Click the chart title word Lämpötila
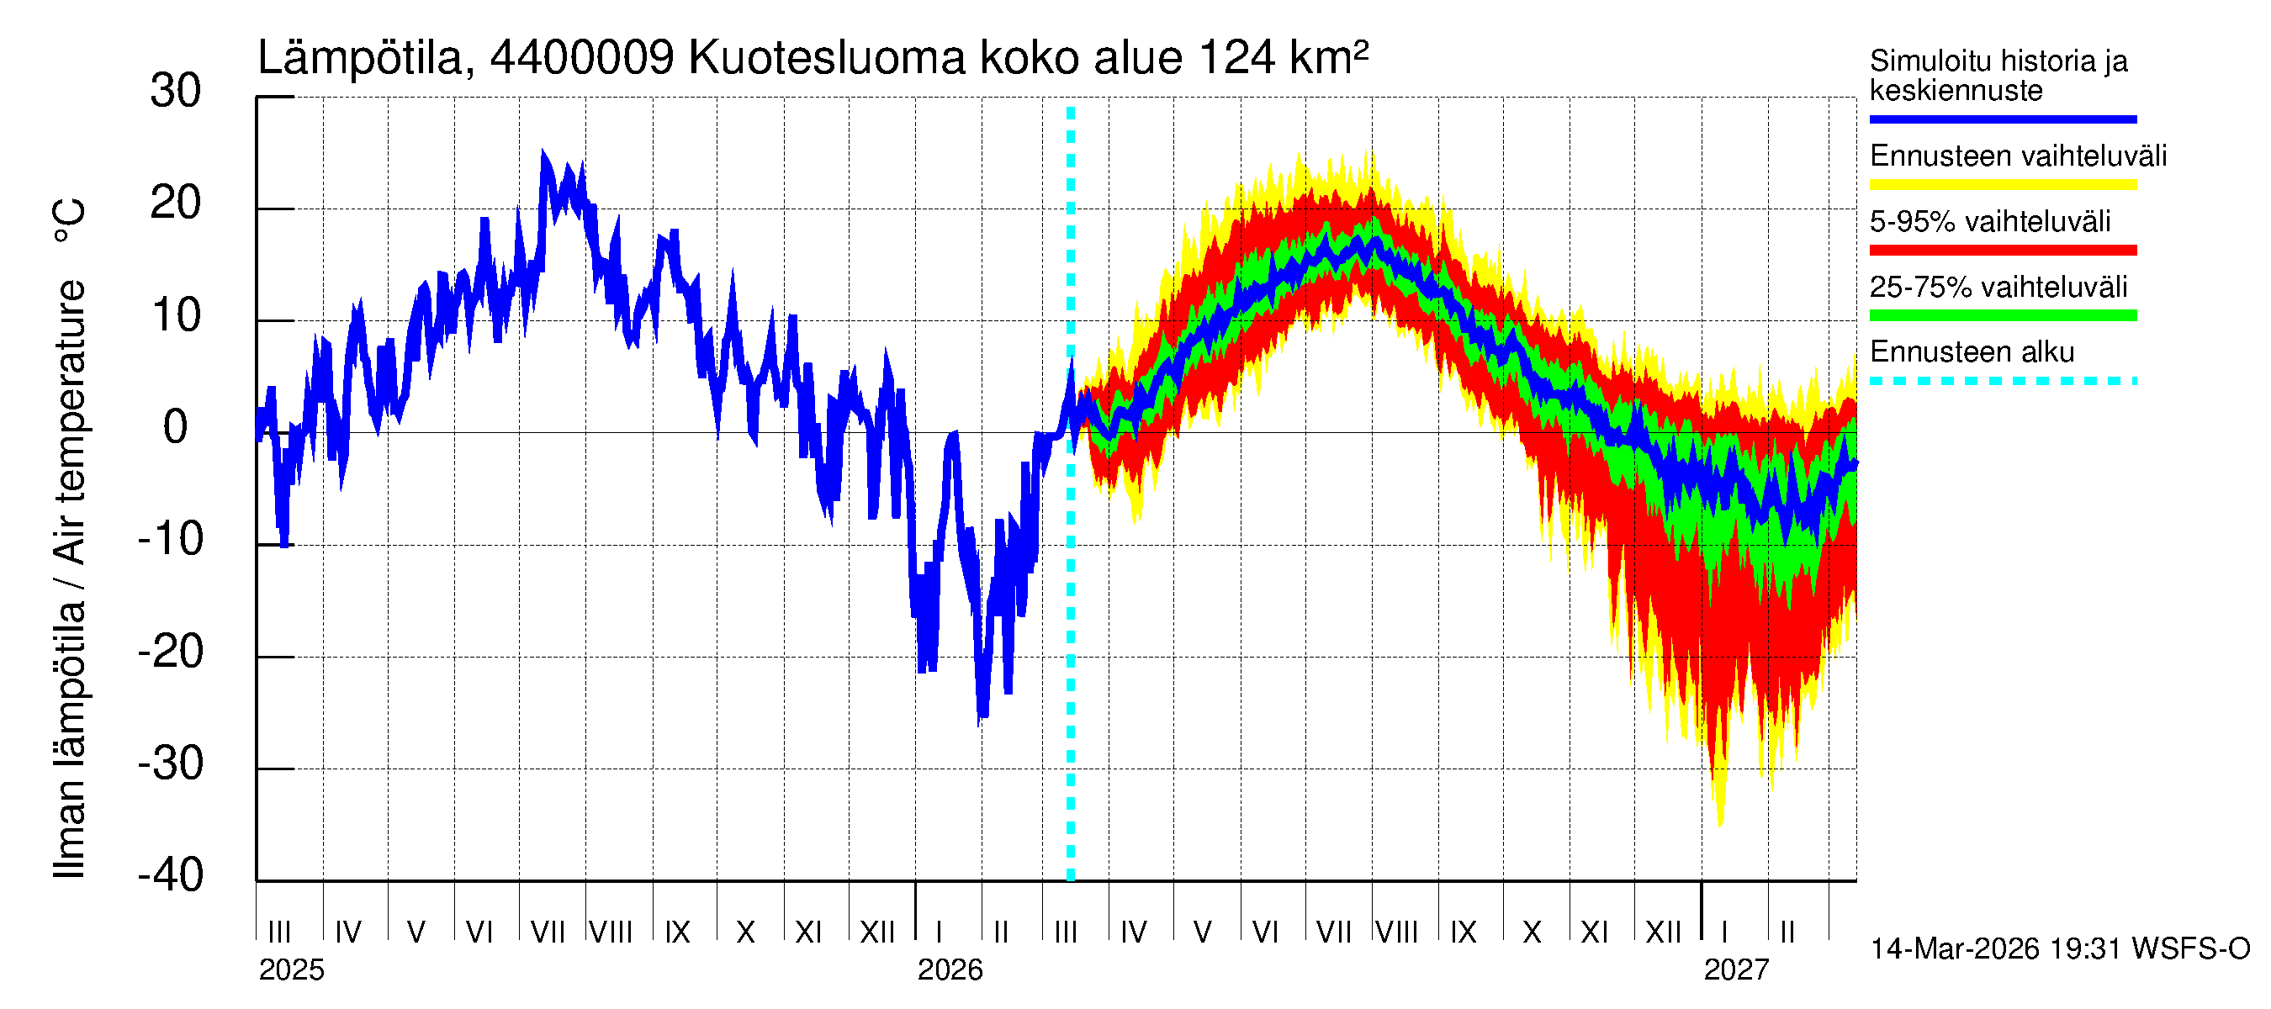click(x=360, y=58)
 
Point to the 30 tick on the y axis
click(x=176, y=92)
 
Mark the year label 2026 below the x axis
click(x=950, y=970)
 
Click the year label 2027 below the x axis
click(x=1735, y=970)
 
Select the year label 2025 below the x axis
click(x=291, y=970)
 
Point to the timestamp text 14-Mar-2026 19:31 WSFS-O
click(x=2059, y=949)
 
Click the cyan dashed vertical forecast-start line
click(x=1070, y=617)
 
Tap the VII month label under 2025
click(x=548, y=932)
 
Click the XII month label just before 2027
click(x=1663, y=932)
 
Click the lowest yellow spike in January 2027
click(x=1720, y=823)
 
